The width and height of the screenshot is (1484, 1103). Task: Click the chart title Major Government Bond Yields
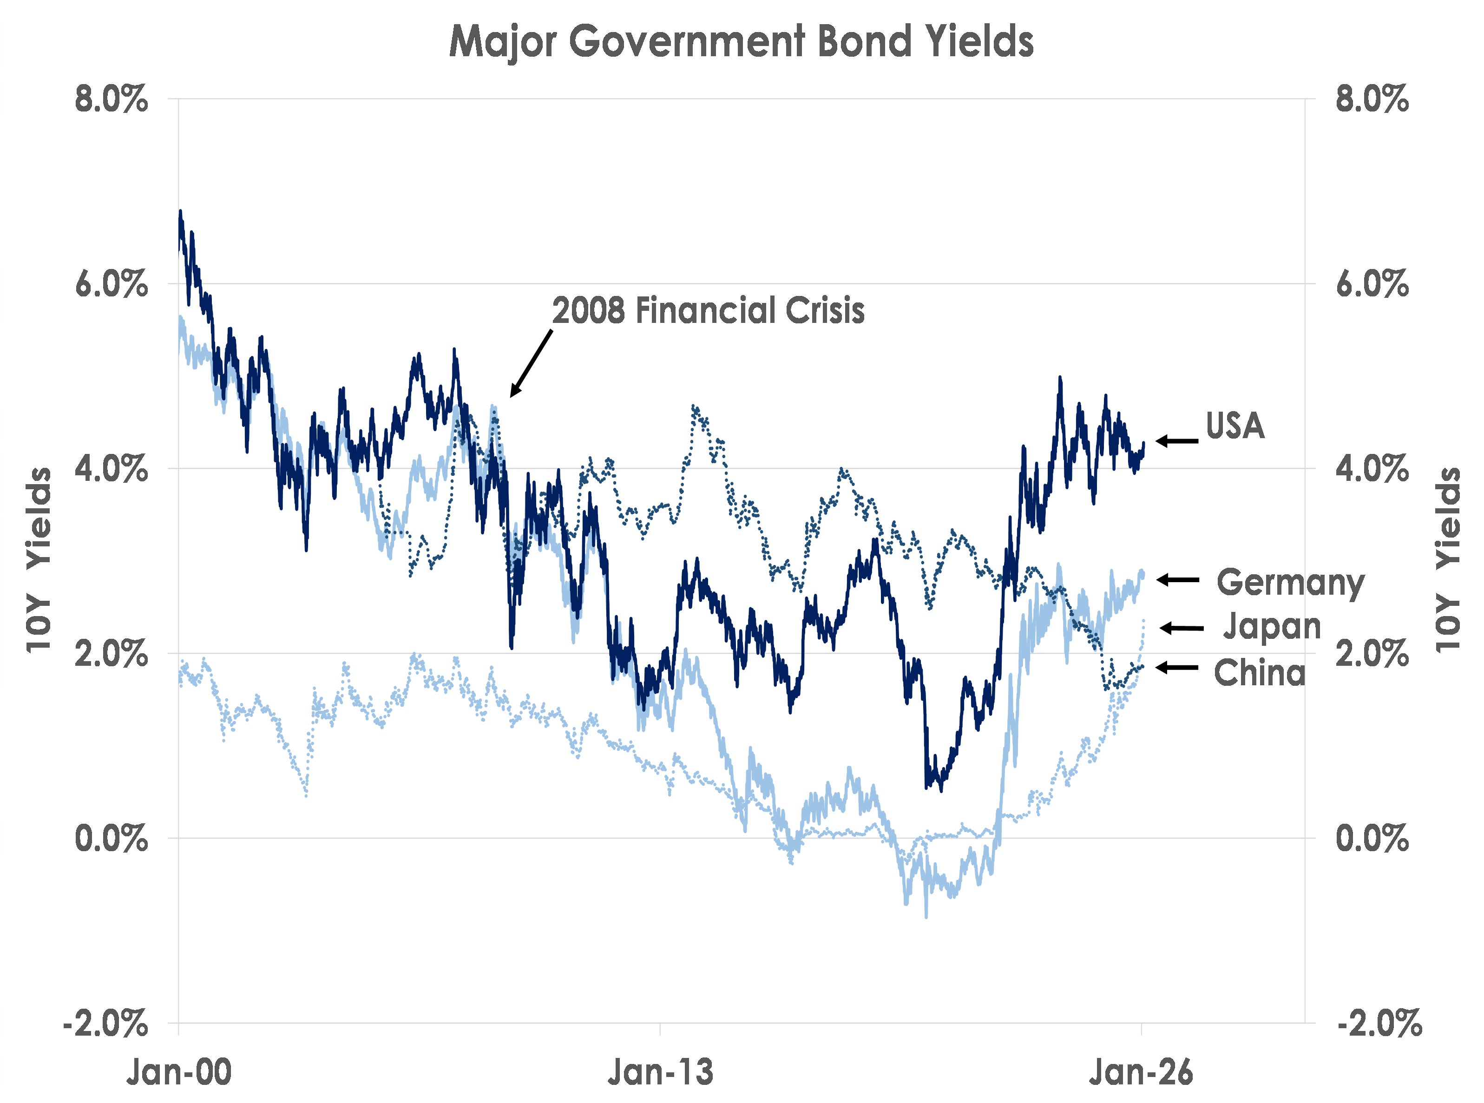741,41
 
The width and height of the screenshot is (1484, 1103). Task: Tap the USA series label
1235,426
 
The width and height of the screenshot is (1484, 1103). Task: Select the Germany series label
1290,583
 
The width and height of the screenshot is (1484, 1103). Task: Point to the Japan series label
1272,626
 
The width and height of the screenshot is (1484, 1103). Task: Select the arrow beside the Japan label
1182,628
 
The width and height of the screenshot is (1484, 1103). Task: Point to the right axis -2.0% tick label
1379,1023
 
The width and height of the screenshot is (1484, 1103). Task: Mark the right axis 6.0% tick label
1372,284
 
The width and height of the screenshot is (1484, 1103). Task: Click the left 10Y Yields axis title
39,559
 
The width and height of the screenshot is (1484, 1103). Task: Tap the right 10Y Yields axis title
1447,559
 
